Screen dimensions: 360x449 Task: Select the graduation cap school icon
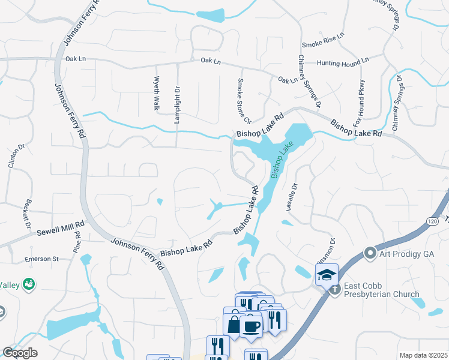[327, 275]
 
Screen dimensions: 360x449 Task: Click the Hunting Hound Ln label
[343, 62]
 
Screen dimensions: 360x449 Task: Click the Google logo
[20, 353]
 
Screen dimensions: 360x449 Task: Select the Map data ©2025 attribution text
[423, 355]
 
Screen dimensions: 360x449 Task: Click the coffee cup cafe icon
[250, 327]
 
